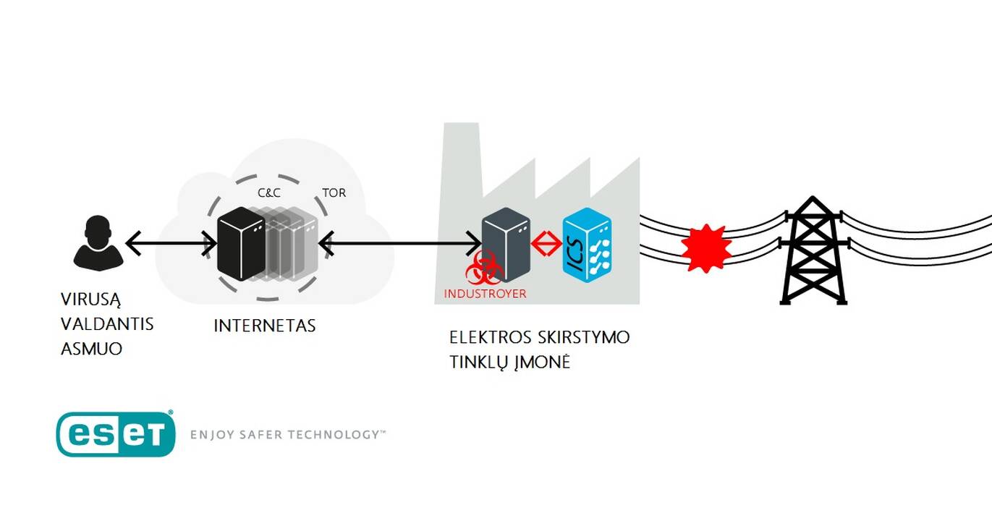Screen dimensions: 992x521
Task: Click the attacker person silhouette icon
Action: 98,243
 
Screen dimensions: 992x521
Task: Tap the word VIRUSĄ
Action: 90,300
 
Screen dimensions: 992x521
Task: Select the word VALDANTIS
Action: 107,324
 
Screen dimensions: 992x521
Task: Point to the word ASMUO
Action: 91,349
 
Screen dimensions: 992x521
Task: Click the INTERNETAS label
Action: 265,326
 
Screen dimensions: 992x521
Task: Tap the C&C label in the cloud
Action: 269,192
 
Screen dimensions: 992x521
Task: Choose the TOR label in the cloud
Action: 334,192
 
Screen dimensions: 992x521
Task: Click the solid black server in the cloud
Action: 242,244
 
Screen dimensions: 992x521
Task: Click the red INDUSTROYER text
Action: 485,293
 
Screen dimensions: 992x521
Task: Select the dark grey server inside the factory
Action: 506,245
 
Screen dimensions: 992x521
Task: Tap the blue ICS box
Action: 588,245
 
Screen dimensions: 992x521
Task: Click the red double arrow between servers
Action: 546,243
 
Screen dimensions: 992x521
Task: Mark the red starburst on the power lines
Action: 706,248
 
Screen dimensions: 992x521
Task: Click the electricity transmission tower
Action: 813,251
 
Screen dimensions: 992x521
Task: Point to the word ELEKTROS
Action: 491,338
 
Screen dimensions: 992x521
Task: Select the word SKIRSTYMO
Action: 584,338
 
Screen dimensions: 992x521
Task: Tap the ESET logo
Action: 116,434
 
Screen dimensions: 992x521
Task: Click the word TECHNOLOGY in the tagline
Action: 335,435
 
